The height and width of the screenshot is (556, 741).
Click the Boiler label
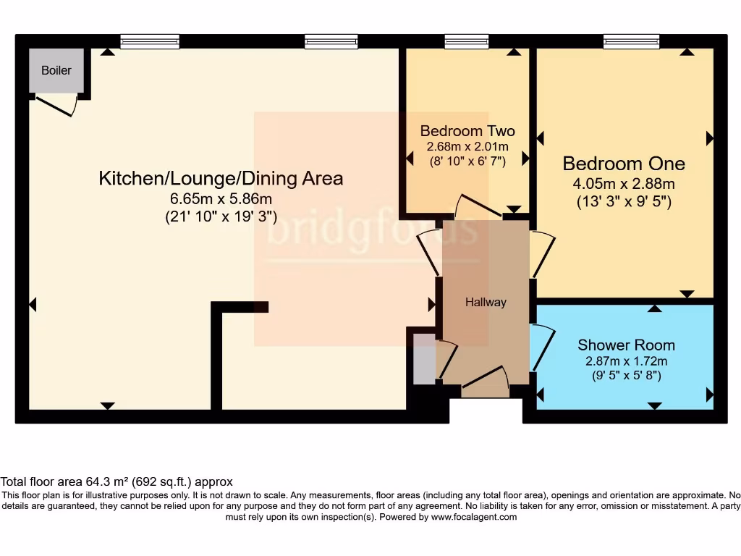click(56, 70)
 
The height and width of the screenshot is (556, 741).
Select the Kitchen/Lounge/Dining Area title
click(221, 178)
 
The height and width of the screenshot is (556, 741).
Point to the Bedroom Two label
click(467, 131)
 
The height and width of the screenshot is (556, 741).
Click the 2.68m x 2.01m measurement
click(467, 146)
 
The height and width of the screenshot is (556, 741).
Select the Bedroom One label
click(624, 164)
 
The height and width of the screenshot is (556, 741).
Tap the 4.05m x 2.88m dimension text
click(624, 184)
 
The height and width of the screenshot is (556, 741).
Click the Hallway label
click(486, 303)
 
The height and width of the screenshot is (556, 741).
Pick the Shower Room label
click(626, 345)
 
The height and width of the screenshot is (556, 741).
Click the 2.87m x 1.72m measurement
click(626, 361)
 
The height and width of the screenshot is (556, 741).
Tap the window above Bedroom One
click(632, 41)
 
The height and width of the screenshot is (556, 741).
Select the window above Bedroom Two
click(467, 41)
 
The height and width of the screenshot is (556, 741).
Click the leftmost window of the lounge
click(150, 41)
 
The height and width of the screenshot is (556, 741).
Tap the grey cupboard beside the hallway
click(422, 359)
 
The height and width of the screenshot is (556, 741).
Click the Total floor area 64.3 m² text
click(116, 481)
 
